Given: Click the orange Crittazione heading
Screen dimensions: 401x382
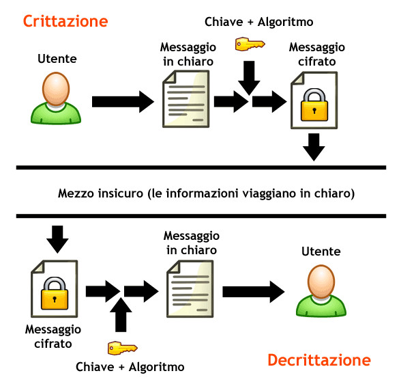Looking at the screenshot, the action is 65,21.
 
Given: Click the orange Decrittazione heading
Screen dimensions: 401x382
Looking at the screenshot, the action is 319,360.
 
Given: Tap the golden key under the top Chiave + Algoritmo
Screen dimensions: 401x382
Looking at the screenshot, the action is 250,44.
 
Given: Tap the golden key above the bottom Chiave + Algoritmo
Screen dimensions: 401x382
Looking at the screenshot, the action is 123,348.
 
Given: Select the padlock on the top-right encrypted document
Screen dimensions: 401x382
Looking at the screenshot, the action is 314,105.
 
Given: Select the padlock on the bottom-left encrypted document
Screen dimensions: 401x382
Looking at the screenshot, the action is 55,294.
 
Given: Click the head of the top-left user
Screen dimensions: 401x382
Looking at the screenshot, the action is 56,89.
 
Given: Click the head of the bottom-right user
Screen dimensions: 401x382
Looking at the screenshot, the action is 321,282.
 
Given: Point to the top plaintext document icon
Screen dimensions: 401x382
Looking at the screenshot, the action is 186,99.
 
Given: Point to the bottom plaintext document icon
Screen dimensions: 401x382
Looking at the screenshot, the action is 190,289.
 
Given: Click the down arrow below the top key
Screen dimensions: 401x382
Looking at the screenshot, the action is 249,78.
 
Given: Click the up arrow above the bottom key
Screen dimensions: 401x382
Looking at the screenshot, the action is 121,315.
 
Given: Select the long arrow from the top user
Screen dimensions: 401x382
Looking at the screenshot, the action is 123,102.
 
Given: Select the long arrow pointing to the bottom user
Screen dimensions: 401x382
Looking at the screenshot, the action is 254,292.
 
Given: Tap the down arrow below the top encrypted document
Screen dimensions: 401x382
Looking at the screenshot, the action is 314,147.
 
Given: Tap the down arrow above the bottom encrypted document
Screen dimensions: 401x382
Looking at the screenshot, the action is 57,240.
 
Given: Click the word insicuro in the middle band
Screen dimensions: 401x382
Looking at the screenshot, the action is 121,193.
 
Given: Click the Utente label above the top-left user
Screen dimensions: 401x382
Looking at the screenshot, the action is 57,59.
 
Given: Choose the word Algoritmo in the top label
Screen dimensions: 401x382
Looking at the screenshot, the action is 285,22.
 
